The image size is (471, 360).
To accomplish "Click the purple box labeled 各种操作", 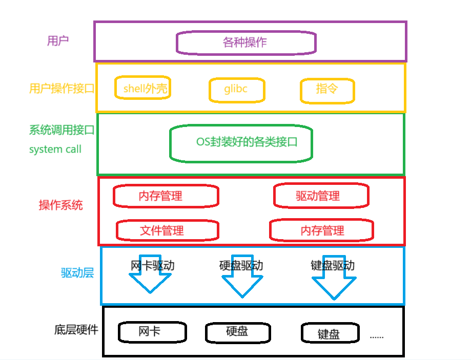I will click(x=245, y=43).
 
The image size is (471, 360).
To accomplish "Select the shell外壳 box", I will click(x=142, y=89).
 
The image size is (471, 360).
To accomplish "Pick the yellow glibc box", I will click(x=236, y=90).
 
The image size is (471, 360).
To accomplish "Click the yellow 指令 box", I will click(x=327, y=90).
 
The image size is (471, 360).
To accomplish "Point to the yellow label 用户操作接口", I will click(x=62, y=89).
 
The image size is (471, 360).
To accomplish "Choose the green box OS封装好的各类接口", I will click(x=241, y=143).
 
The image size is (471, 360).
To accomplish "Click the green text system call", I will click(x=55, y=150).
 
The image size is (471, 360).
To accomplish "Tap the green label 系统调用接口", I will click(x=62, y=130).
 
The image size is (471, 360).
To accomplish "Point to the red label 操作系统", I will click(x=60, y=206).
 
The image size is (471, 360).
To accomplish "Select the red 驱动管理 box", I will click(x=320, y=196).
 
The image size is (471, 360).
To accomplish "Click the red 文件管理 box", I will click(x=167, y=230).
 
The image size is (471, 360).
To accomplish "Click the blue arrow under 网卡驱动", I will click(x=150, y=282).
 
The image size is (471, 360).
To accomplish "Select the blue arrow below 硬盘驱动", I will click(x=242, y=284).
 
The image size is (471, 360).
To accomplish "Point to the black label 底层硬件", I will click(x=76, y=330).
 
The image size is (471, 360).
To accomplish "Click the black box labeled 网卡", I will click(x=152, y=332).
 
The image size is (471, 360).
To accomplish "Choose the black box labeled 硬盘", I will click(x=237, y=332).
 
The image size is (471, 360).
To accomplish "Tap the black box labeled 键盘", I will click(x=329, y=333).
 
